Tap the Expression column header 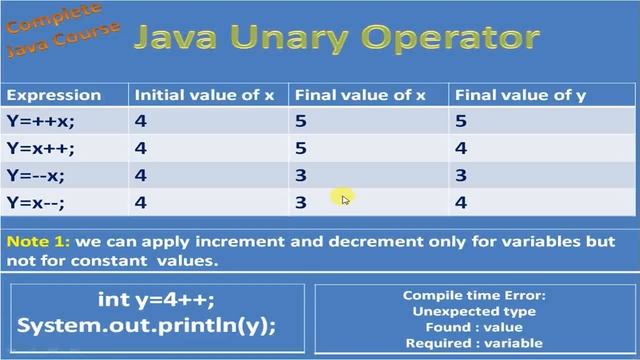[x=54, y=95]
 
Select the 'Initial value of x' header [x=204, y=95]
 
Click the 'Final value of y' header [x=520, y=95]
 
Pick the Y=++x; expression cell [x=40, y=121]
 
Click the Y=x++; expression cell [x=40, y=148]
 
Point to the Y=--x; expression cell [x=38, y=175]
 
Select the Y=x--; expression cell [x=38, y=202]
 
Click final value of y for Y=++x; [x=461, y=121]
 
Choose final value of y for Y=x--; [x=461, y=202]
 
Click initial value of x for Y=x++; [x=141, y=148]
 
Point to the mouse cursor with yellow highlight [x=343, y=198]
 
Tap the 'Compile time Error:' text [x=474, y=296]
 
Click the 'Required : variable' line [x=474, y=343]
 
